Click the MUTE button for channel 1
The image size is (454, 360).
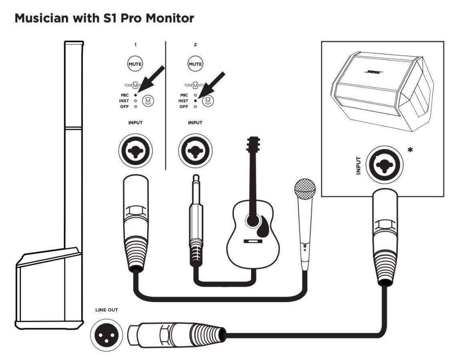tap(135, 64)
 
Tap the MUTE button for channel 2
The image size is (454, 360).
tap(195, 64)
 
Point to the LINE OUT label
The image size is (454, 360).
tap(106, 310)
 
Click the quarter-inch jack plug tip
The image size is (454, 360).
tap(196, 179)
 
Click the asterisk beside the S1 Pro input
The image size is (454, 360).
tap(410, 150)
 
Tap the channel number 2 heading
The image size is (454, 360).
tap(195, 45)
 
